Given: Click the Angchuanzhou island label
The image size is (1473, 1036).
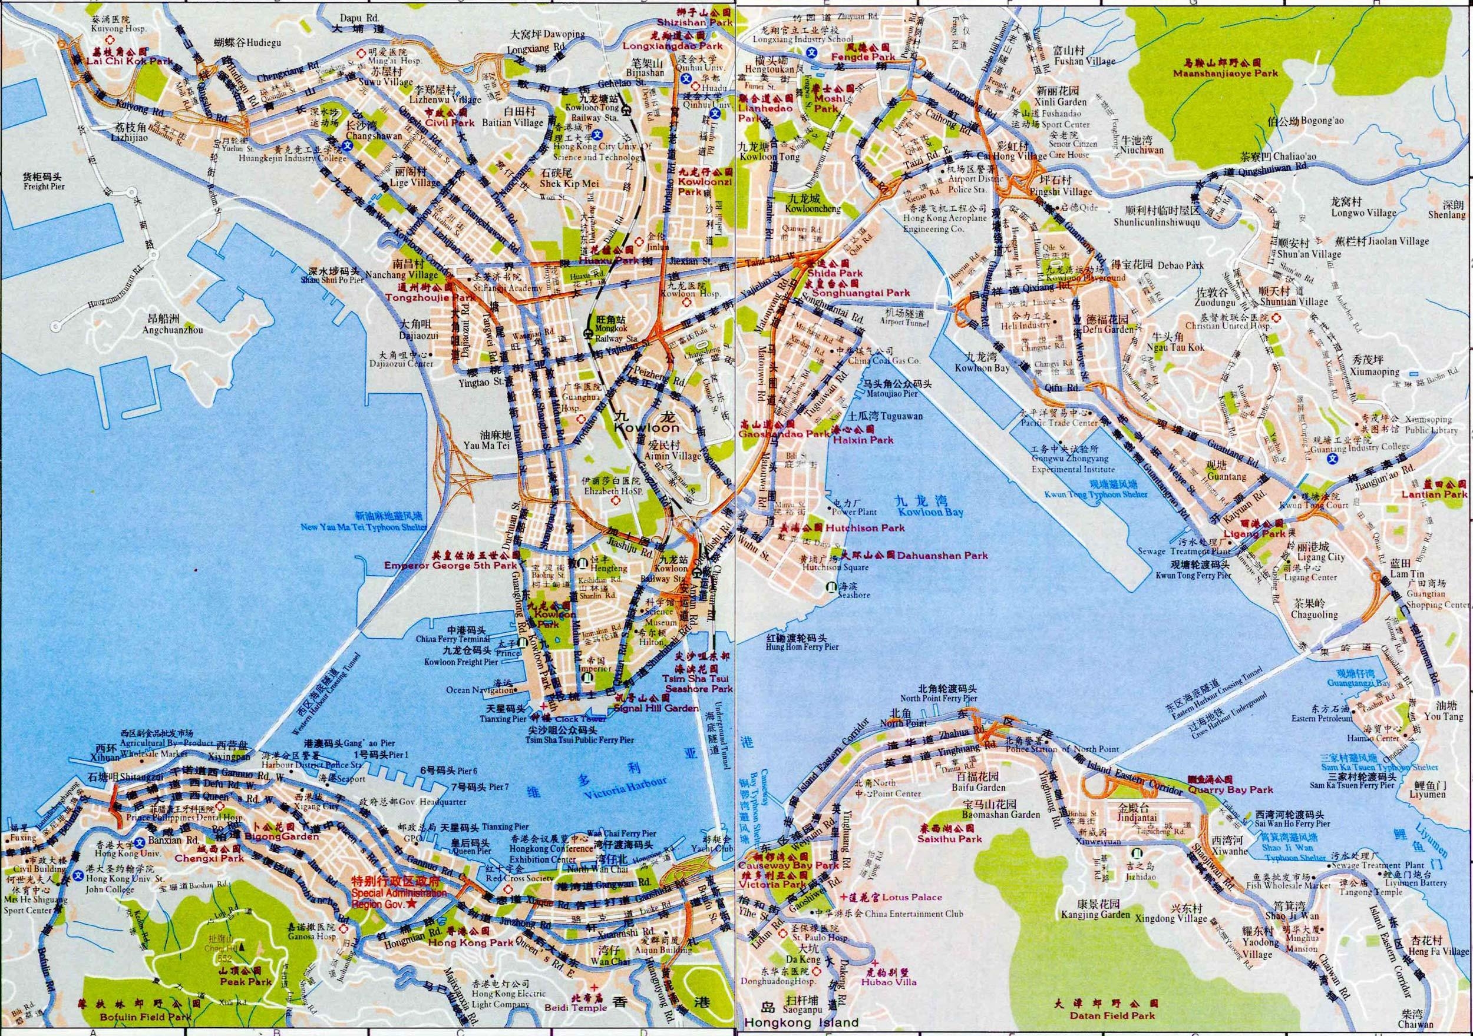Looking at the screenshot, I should point(174,330).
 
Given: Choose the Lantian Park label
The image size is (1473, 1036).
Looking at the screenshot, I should point(1444,494).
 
